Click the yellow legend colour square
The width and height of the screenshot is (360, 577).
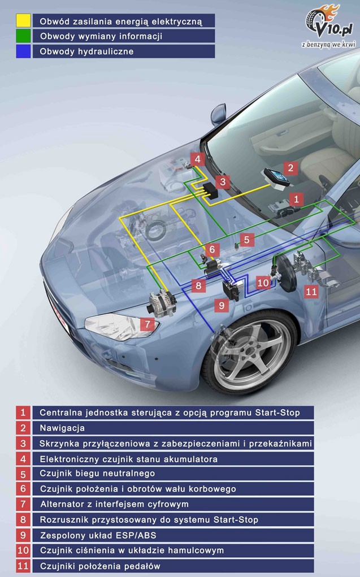click(x=23, y=21)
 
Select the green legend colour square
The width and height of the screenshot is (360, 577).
click(x=23, y=36)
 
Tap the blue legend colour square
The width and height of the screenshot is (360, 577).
click(x=23, y=51)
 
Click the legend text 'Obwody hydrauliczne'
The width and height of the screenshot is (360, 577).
click(x=86, y=51)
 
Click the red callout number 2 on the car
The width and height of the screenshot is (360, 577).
click(x=290, y=167)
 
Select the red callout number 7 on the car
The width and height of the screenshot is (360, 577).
click(x=147, y=324)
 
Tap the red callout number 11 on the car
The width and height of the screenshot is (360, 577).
click(x=311, y=292)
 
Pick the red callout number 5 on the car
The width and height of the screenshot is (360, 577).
click(x=246, y=240)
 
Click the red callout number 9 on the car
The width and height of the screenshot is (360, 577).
click(x=220, y=306)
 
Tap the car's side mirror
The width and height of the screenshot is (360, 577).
click(x=218, y=114)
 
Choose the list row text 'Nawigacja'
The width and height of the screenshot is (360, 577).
click(x=62, y=428)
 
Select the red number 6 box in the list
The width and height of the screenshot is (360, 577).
click(x=23, y=489)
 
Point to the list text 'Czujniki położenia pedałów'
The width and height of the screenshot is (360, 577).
click(x=100, y=565)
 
